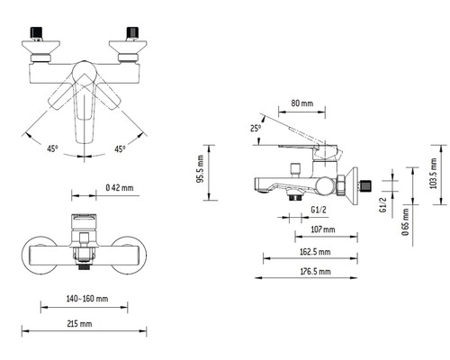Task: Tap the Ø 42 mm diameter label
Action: [x=120, y=187]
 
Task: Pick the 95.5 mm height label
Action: [x=199, y=167]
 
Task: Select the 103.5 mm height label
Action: [x=433, y=168]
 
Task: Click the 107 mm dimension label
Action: [x=310, y=229]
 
